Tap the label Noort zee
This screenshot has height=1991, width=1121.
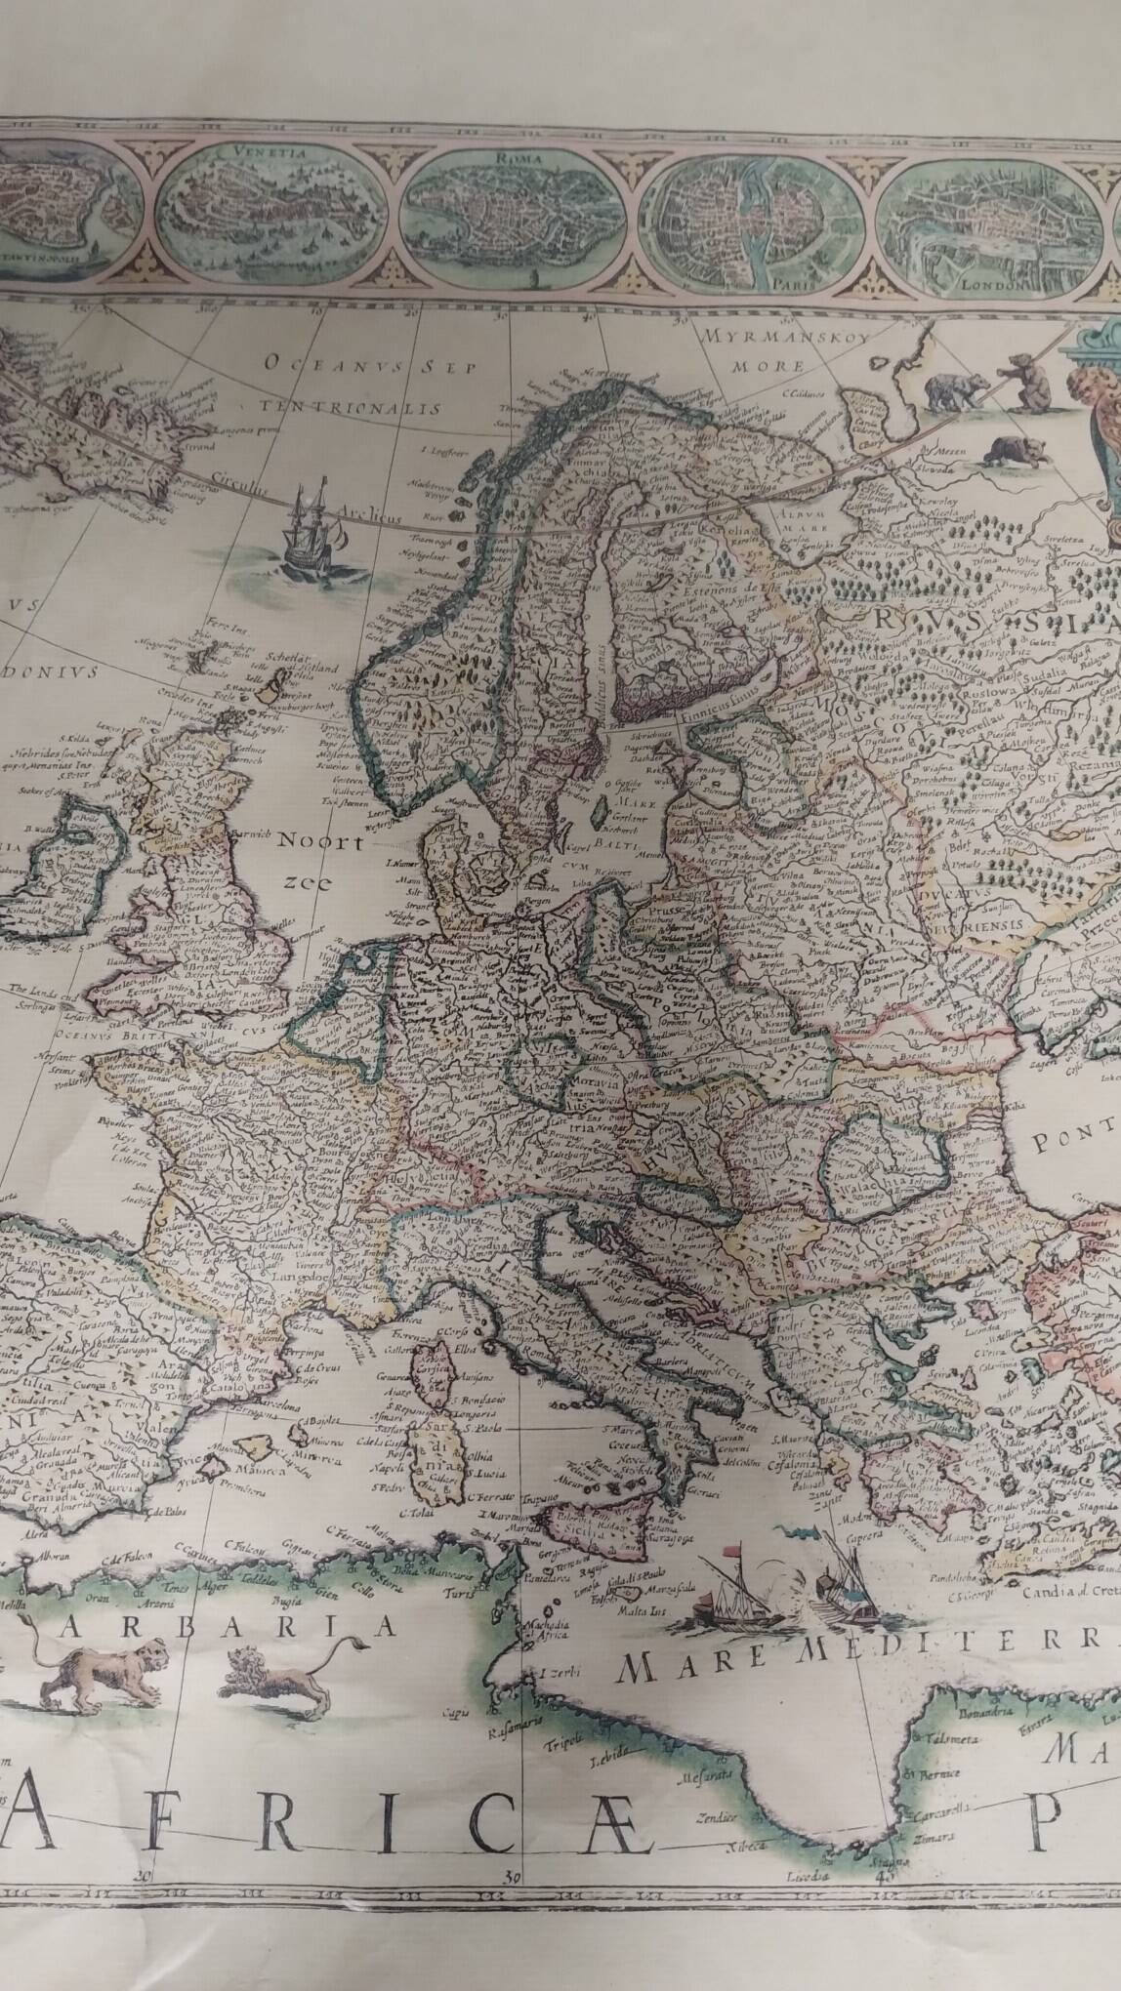[311, 859]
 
